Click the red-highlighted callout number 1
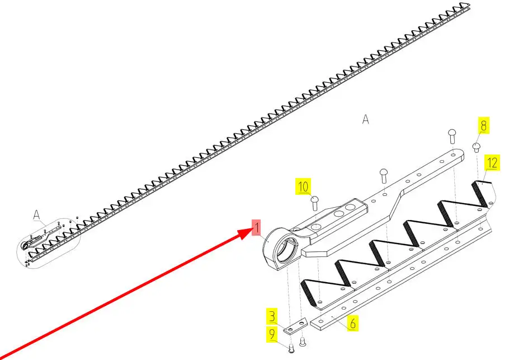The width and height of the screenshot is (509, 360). pyautogui.click(x=256, y=227)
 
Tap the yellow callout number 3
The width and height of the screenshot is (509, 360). pyautogui.click(x=272, y=316)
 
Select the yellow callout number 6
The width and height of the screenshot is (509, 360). pyautogui.click(x=352, y=323)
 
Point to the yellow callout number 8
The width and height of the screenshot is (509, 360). pyautogui.click(x=483, y=125)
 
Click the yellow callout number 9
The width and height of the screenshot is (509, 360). pyautogui.click(x=272, y=334)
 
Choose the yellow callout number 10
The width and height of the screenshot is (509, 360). pyautogui.click(x=303, y=186)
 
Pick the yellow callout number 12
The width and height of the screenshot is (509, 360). pyautogui.click(x=492, y=163)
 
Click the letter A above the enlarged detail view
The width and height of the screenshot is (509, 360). pyautogui.click(x=365, y=119)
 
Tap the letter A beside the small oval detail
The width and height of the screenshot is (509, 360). pyautogui.click(x=37, y=215)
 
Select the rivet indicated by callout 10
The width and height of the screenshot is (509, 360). pyautogui.click(x=314, y=203)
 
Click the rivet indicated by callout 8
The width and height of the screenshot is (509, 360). pyautogui.click(x=476, y=147)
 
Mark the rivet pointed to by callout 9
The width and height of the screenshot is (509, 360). pyautogui.click(x=291, y=348)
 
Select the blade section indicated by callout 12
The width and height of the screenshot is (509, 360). pyautogui.click(x=484, y=194)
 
